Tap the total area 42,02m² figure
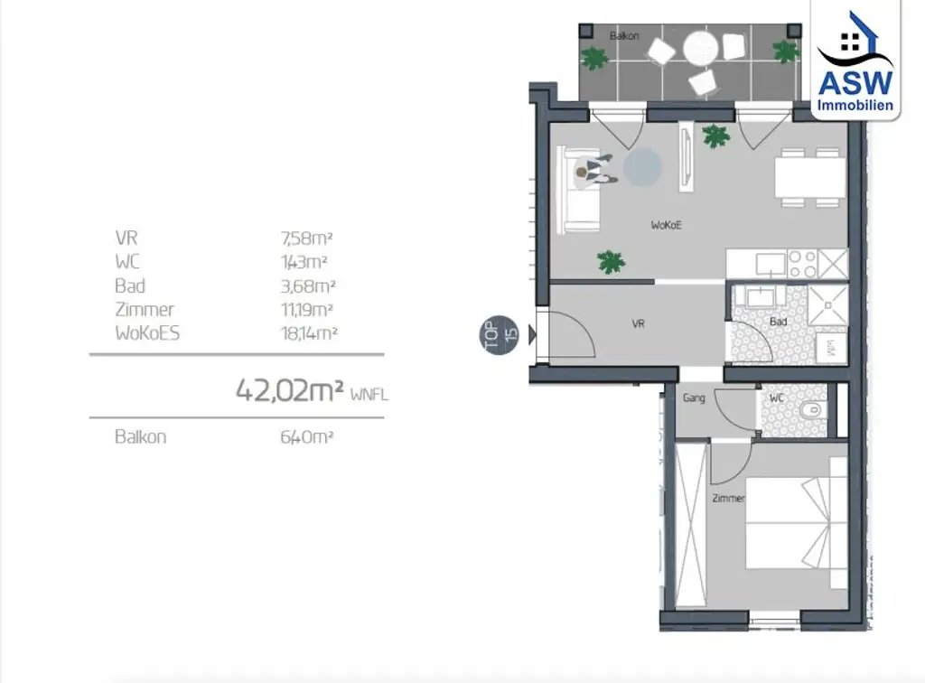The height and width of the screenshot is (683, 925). pyautogui.click(x=289, y=389)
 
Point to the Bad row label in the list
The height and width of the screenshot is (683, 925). pyautogui.click(x=130, y=285)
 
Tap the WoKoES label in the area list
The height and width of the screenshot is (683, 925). pyautogui.click(x=147, y=332)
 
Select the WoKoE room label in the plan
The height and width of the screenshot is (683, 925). pyautogui.click(x=665, y=225)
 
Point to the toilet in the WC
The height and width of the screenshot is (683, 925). pyautogui.click(x=810, y=410)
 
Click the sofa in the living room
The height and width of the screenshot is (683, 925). pyautogui.click(x=580, y=187)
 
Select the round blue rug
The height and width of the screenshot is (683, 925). pyautogui.click(x=643, y=167)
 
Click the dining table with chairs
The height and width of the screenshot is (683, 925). pyautogui.click(x=809, y=176)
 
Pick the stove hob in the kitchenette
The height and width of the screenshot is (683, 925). pyautogui.click(x=803, y=264)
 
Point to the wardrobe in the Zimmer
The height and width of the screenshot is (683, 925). pyautogui.click(x=691, y=524)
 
